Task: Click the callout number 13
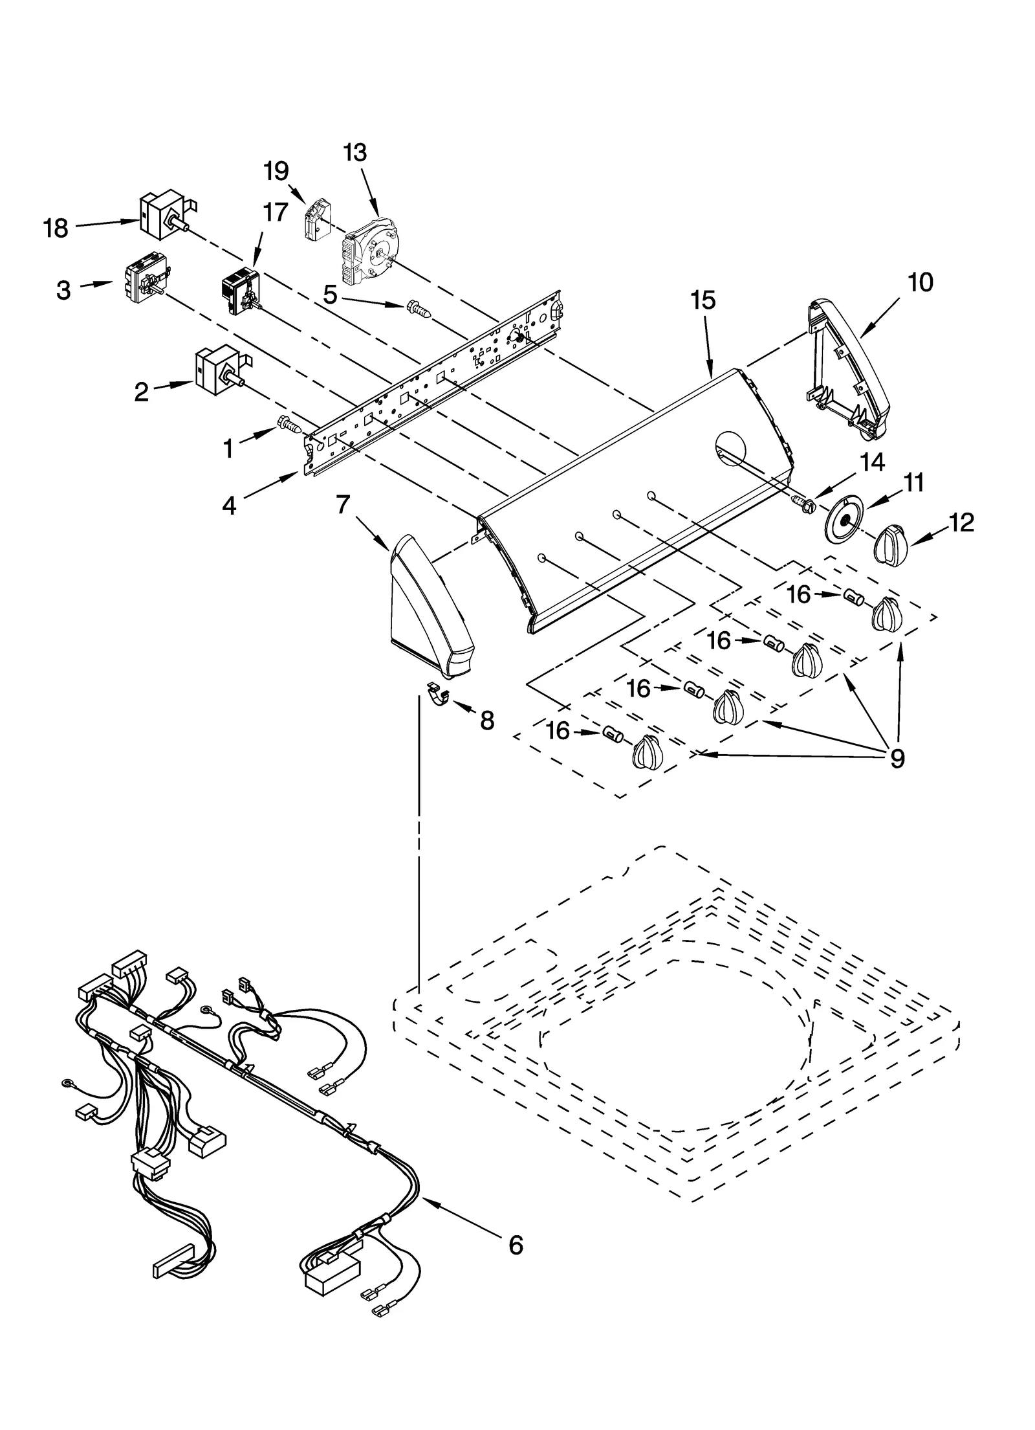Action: pyautogui.click(x=354, y=153)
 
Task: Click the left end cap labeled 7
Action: pyautogui.click(x=429, y=605)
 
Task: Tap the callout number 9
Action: pyautogui.click(x=897, y=758)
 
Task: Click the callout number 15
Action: pyautogui.click(x=703, y=300)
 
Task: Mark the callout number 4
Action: pyautogui.click(x=230, y=506)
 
